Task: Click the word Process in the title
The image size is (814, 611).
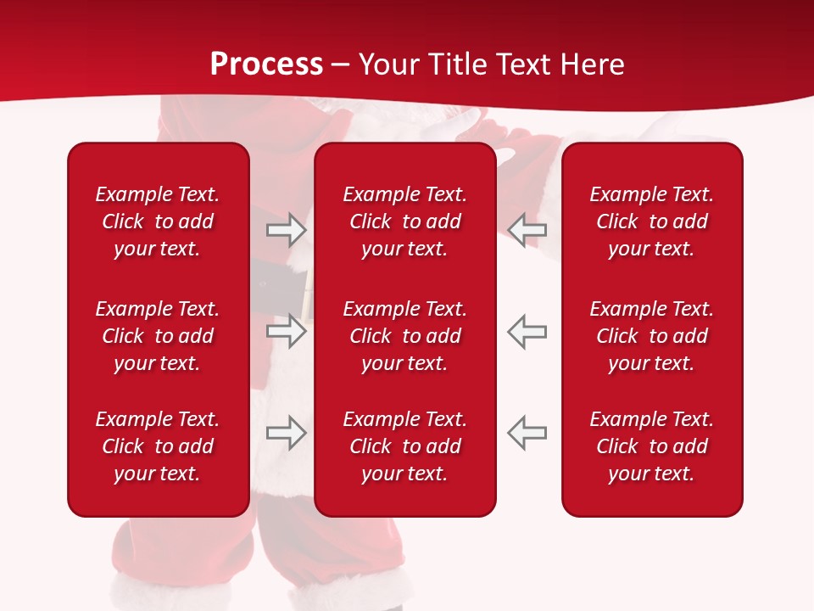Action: (x=266, y=64)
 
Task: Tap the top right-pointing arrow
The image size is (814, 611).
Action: (x=286, y=229)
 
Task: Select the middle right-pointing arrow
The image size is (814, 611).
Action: (x=286, y=331)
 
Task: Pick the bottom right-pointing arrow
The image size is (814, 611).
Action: (x=286, y=433)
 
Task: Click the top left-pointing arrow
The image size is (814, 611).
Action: (x=527, y=229)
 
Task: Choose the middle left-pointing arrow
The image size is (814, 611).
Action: (x=527, y=331)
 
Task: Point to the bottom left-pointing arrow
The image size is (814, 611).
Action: (x=527, y=433)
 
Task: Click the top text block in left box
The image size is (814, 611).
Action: (x=158, y=221)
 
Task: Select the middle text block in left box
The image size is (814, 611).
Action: (x=158, y=336)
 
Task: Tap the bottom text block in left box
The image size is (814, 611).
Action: (x=158, y=446)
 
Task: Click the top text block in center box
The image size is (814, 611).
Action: (x=405, y=221)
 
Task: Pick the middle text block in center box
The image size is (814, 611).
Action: (x=405, y=336)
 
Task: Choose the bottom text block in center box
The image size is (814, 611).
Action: (x=405, y=446)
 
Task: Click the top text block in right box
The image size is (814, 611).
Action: (x=652, y=221)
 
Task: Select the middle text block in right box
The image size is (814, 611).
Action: (x=652, y=336)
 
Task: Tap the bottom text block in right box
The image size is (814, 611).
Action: (x=652, y=446)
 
